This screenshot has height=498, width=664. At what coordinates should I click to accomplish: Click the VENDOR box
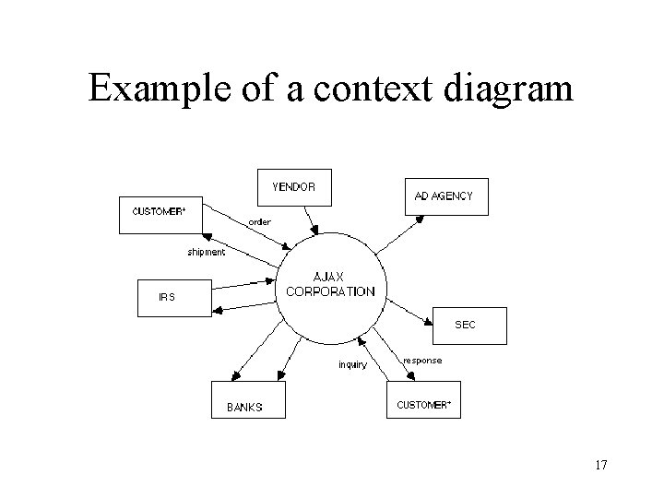pyautogui.click(x=293, y=187)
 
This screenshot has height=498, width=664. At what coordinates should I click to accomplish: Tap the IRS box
pyautogui.click(x=173, y=297)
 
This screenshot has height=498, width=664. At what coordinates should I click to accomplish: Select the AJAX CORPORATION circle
pyautogui.click(x=331, y=288)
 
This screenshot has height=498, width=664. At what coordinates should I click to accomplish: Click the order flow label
pyautogui.click(x=259, y=221)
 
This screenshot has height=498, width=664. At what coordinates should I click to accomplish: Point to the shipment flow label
pyautogui.click(x=206, y=252)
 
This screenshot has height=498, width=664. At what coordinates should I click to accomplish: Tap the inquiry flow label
pyautogui.click(x=351, y=363)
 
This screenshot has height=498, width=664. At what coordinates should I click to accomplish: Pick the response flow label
pyautogui.click(x=423, y=360)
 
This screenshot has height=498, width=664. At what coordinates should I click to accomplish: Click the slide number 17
pyautogui.click(x=601, y=465)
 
